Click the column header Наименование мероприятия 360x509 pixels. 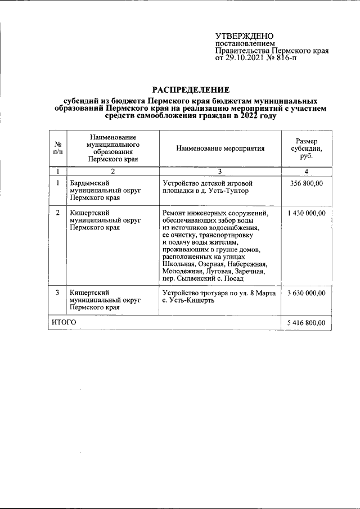click(220, 148)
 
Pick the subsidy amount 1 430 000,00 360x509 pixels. click(306, 213)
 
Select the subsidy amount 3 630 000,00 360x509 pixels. click(306, 292)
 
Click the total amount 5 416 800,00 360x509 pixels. click(306, 323)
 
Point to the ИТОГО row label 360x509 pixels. click(64, 323)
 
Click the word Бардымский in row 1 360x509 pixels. click(89, 183)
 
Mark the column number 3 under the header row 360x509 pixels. click(220, 170)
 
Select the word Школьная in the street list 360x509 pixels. click(179, 264)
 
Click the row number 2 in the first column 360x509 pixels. click(58, 213)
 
